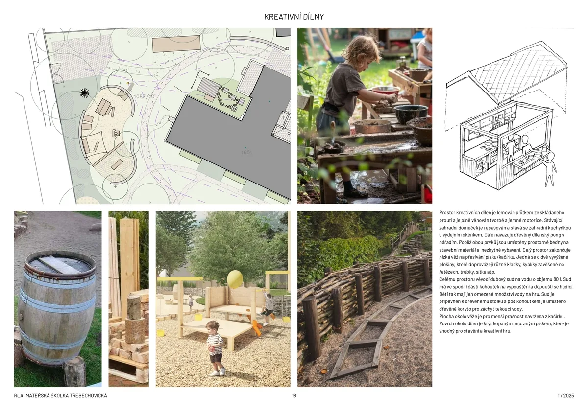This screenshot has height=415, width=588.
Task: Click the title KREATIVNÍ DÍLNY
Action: tap(294, 17)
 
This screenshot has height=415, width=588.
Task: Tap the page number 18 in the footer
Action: tap(294, 396)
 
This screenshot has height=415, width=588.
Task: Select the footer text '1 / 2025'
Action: tap(565, 396)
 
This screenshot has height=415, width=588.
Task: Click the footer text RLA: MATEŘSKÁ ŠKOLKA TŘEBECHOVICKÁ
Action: tap(60, 396)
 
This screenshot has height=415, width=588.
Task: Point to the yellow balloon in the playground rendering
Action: tap(235, 279)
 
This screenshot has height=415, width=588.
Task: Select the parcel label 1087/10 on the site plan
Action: tap(144, 96)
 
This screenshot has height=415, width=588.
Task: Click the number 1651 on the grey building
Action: tap(246, 152)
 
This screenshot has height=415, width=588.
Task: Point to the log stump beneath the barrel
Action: tap(74, 371)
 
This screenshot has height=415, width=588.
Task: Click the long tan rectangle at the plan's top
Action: tap(176, 44)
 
